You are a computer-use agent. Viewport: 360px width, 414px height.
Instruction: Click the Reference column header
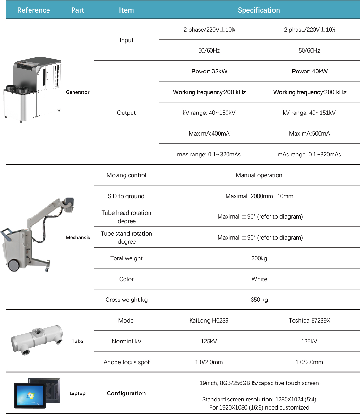pyautogui.click(x=33, y=10)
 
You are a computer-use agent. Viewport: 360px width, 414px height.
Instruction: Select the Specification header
pyautogui.click(x=259, y=10)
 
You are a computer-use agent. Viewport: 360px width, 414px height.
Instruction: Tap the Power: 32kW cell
pyautogui.click(x=209, y=71)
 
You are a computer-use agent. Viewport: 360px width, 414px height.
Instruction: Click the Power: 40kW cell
pyautogui.click(x=309, y=71)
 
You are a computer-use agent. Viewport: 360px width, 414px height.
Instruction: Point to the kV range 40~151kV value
pyautogui.click(x=309, y=113)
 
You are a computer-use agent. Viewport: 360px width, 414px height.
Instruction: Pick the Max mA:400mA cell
pyautogui.click(x=209, y=133)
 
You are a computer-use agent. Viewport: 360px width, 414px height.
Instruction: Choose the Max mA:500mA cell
pyautogui.click(x=309, y=133)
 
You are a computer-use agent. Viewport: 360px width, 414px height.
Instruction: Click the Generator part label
pyautogui.click(x=78, y=92)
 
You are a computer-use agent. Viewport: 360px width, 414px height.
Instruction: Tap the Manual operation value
pyautogui.click(x=259, y=175)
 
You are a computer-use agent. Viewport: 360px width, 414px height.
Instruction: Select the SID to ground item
pyautogui.click(x=126, y=196)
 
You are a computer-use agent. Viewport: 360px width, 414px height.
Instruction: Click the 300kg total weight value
pyautogui.click(x=259, y=258)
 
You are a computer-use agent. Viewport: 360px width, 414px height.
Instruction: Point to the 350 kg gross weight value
pyautogui.click(x=259, y=300)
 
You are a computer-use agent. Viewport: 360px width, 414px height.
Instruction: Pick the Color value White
pyautogui.click(x=259, y=279)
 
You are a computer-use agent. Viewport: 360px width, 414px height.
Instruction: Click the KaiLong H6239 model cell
pyautogui.click(x=209, y=320)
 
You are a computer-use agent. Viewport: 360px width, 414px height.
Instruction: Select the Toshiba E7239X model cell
pyautogui.click(x=309, y=320)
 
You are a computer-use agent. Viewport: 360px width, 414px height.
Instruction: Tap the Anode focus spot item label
pyautogui.click(x=126, y=362)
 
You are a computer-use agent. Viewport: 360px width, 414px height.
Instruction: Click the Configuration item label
pyautogui.click(x=126, y=393)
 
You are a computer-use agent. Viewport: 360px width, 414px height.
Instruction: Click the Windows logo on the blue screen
pyautogui.click(x=30, y=395)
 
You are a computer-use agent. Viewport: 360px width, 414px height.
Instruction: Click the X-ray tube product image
pyautogui.click(x=37, y=340)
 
